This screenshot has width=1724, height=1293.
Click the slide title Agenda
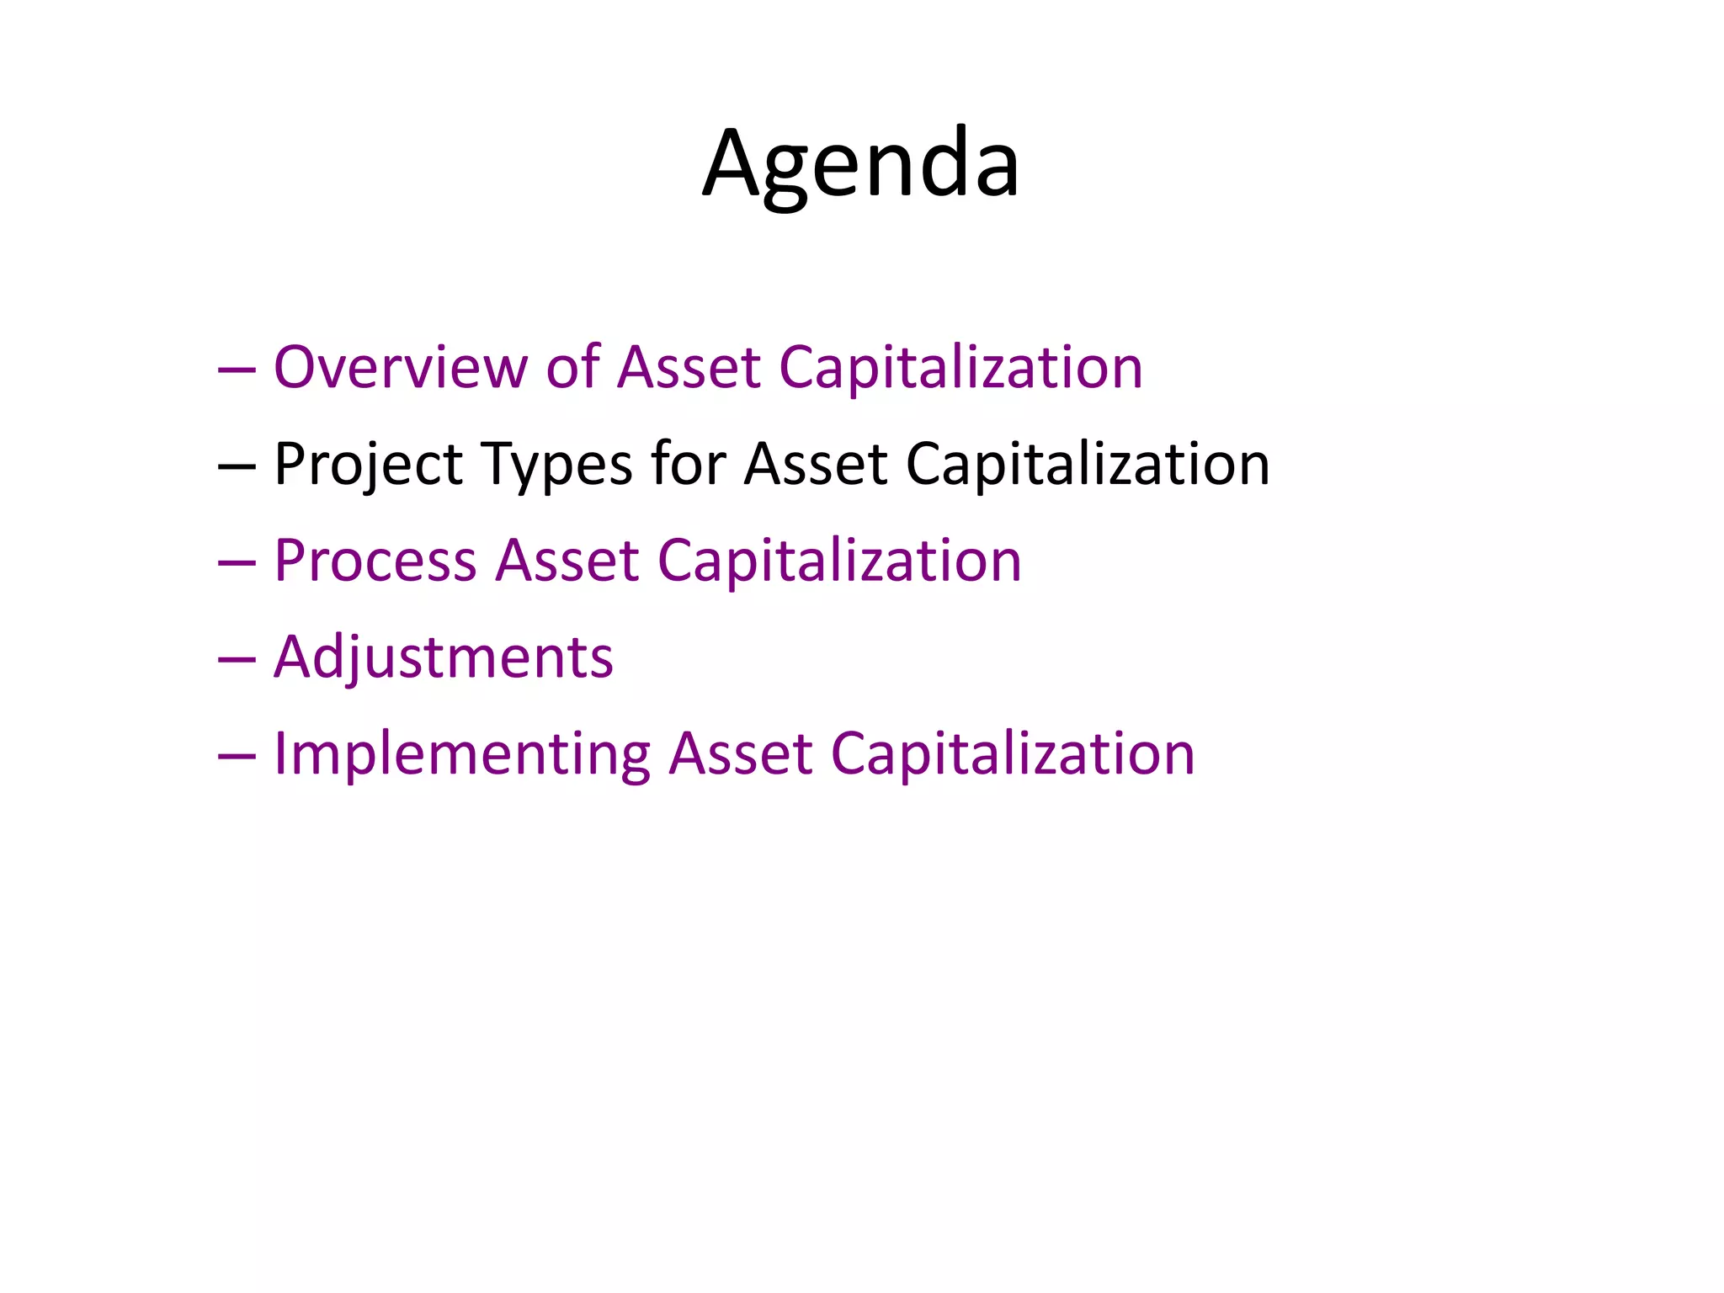click(860, 164)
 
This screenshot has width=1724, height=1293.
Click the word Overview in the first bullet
click(401, 368)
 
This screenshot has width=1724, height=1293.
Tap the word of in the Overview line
click(572, 368)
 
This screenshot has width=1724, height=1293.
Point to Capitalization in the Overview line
click(960, 368)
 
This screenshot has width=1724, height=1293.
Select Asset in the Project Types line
click(815, 465)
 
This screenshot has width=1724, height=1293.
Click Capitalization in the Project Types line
click(1087, 465)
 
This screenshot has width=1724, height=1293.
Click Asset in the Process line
click(567, 561)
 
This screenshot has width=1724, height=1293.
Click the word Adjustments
click(444, 658)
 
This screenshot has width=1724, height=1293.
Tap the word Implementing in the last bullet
click(462, 754)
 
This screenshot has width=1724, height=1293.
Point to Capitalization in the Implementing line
click(1012, 754)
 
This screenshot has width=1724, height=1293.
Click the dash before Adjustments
click(236, 661)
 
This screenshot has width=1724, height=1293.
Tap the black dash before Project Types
click(236, 468)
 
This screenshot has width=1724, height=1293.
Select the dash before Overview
click(236, 371)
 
